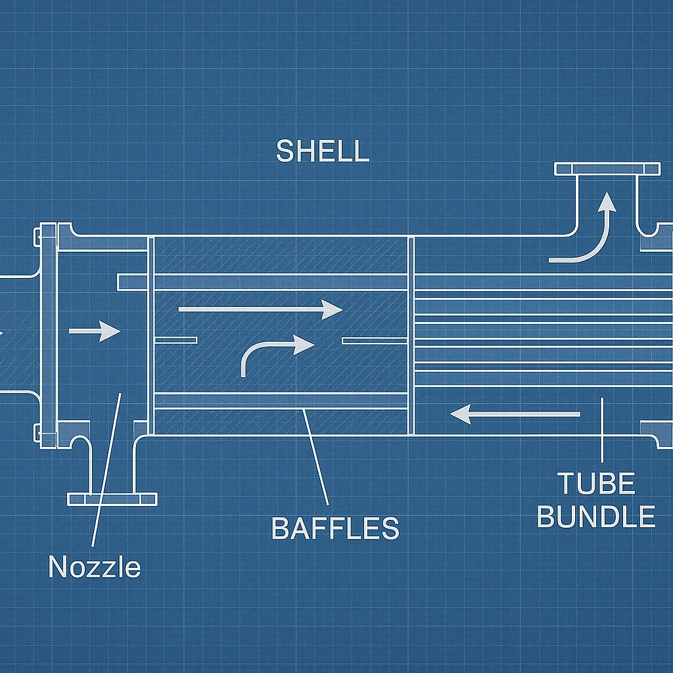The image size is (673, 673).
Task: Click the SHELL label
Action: (x=322, y=151)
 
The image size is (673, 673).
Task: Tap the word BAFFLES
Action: (x=335, y=528)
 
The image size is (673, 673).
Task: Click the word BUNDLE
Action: (x=596, y=517)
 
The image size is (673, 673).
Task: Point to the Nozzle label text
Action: (x=95, y=567)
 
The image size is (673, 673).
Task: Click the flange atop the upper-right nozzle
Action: (x=607, y=169)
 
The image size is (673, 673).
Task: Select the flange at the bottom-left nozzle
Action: (x=112, y=499)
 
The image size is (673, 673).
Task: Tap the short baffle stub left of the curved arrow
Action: (x=175, y=340)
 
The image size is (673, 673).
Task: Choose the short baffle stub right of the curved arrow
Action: (x=375, y=340)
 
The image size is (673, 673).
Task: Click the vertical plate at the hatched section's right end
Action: (x=411, y=335)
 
